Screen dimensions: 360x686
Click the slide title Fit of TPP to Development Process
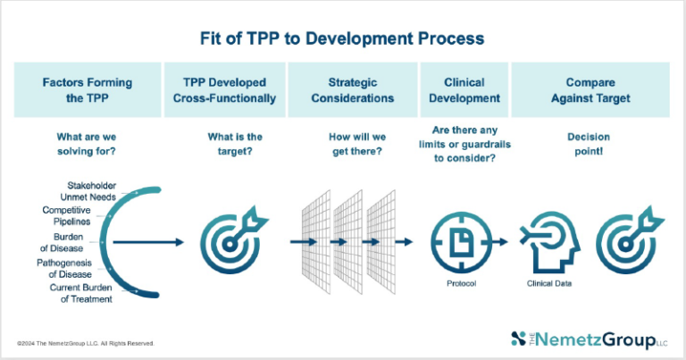click(x=342, y=38)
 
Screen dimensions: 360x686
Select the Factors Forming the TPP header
click(x=87, y=89)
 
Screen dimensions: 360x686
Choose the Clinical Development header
click(x=459, y=89)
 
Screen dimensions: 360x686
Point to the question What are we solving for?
click(x=87, y=145)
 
